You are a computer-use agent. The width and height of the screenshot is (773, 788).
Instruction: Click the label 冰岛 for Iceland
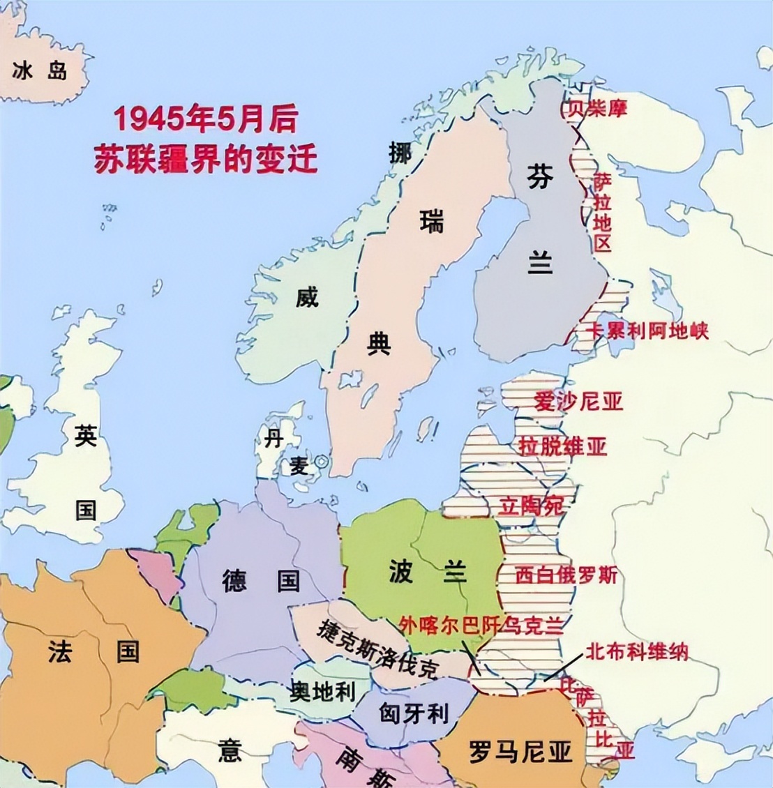coord(40,71)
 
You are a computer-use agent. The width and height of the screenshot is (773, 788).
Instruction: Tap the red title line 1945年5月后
coord(205,119)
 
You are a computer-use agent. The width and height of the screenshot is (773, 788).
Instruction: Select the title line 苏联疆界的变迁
coord(205,159)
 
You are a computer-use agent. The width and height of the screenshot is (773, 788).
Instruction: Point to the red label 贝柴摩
coord(596,108)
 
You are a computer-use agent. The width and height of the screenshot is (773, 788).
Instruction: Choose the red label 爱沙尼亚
coord(578,402)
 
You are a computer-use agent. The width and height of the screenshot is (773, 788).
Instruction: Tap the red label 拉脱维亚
coord(562,446)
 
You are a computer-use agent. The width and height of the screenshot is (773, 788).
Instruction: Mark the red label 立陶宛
coord(532,506)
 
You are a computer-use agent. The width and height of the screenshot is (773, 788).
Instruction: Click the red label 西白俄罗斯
coord(566,575)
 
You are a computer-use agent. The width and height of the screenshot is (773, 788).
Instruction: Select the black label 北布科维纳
coord(636,651)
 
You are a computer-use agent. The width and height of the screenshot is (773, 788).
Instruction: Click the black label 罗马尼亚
coord(520,751)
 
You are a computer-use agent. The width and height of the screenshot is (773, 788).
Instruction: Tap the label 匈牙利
coord(413,713)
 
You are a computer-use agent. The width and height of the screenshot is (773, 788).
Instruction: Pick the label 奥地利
coord(322,691)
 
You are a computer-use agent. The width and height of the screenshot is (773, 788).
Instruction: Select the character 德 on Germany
coord(234,580)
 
